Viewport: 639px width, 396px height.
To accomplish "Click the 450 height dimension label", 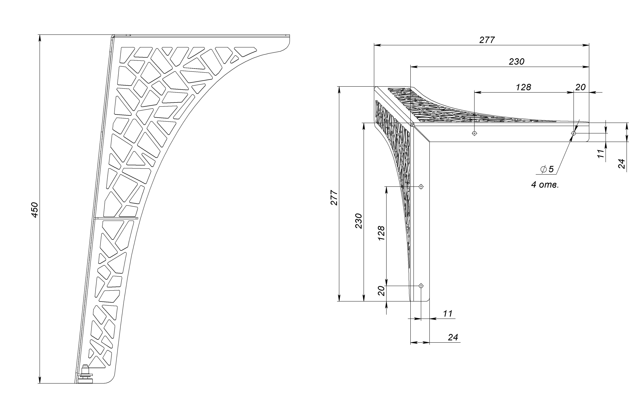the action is point(35,210).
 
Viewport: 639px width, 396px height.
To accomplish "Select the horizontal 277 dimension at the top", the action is point(487,40).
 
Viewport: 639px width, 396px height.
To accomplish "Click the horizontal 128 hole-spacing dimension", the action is point(523,87).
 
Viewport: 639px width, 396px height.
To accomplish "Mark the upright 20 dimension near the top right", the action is point(580,87).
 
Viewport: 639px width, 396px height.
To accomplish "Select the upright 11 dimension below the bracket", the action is point(448,313).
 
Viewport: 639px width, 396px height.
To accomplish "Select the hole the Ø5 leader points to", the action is point(574,133).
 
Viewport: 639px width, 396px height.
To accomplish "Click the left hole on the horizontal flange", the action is point(474,133).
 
